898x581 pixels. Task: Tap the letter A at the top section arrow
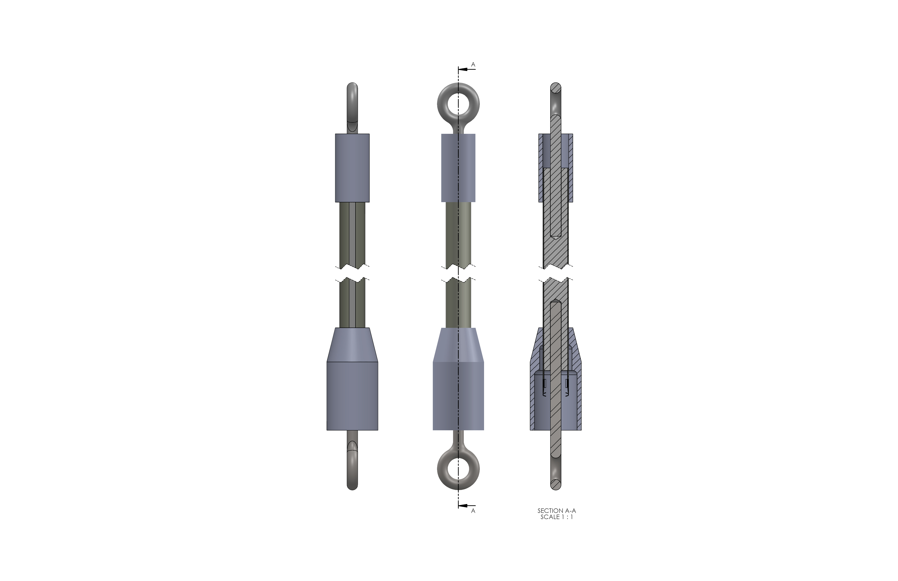point(473,65)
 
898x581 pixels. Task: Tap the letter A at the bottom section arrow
point(473,511)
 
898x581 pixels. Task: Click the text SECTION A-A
point(557,511)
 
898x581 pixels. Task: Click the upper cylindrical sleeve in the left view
point(352,168)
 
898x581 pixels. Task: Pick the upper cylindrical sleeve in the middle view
point(458,168)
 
